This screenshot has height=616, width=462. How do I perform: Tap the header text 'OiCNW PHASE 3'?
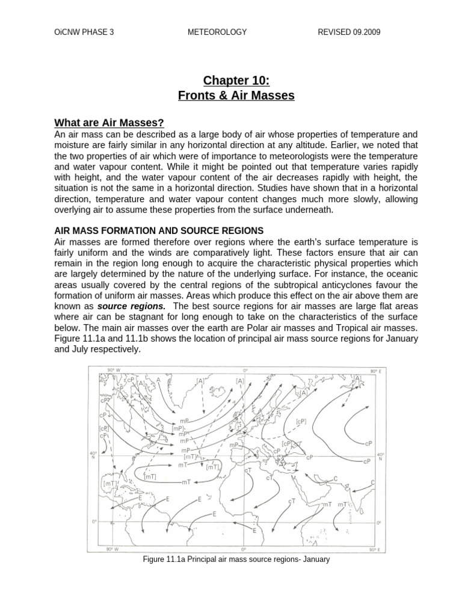(84, 32)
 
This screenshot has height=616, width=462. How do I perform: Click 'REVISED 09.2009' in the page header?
(349, 32)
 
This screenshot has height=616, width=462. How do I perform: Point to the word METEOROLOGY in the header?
(217, 32)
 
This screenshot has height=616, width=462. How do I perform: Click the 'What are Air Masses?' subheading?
(109, 123)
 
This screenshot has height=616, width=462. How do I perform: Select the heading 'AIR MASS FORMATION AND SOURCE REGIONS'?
(159, 230)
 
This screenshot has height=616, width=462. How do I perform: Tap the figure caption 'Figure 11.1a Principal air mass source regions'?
(236, 559)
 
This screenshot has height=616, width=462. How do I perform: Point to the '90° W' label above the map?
(112, 370)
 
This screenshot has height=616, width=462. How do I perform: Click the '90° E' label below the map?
(373, 549)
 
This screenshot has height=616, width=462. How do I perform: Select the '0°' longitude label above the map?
(245, 370)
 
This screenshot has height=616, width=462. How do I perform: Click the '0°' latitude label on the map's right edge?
(379, 523)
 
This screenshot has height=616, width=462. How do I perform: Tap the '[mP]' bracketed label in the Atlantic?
(179, 428)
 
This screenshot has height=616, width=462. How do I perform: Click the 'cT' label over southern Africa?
(292, 501)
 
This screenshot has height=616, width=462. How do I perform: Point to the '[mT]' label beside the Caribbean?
(109, 483)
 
